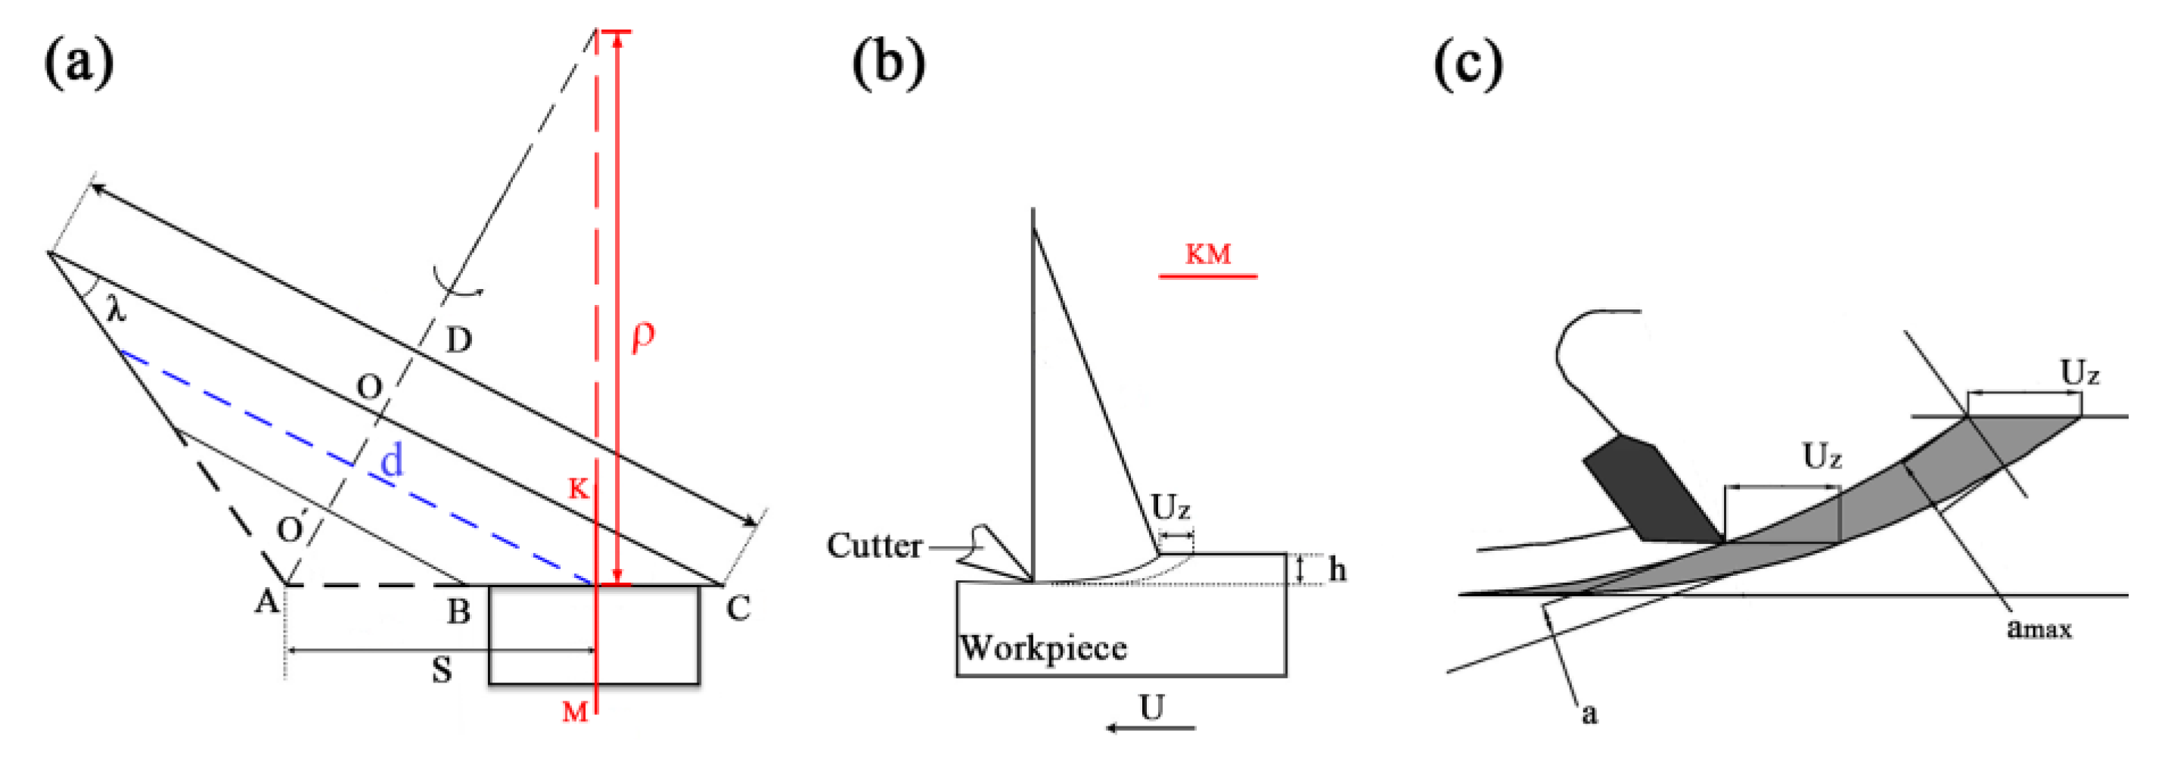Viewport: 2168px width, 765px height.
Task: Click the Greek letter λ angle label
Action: pyautogui.click(x=116, y=310)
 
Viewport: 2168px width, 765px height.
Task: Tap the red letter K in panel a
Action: pyautogui.click(x=578, y=489)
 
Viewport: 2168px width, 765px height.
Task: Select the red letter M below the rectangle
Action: pyautogui.click(x=575, y=713)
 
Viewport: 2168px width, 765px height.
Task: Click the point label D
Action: pyautogui.click(x=458, y=341)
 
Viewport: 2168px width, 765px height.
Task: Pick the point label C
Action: pyautogui.click(x=738, y=608)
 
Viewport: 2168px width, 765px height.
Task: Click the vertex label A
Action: pyautogui.click(x=267, y=602)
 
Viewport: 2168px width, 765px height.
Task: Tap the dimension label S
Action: pyautogui.click(x=441, y=670)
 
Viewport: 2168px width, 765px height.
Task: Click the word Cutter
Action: pyautogui.click(x=874, y=546)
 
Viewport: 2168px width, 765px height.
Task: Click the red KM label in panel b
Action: pyautogui.click(x=1208, y=254)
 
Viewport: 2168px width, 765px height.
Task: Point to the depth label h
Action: pyautogui.click(x=1337, y=570)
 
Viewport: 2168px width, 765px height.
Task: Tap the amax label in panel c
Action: pyautogui.click(x=2039, y=628)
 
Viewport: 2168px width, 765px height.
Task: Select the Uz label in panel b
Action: pyautogui.click(x=1171, y=508)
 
